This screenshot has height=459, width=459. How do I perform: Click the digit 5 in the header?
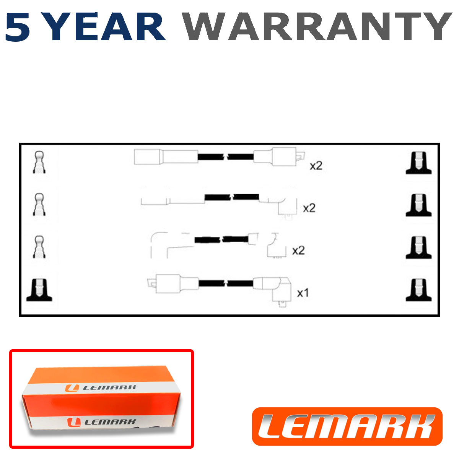pyautogui.click(x=18, y=27)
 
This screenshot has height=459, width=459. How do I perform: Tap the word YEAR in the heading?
pyautogui.click(x=105, y=27)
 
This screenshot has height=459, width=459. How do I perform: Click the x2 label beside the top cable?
pyautogui.click(x=316, y=166)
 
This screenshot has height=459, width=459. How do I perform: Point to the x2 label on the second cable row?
pyautogui.click(x=309, y=208)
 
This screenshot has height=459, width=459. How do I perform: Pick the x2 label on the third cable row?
pyautogui.click(x=298, y=251)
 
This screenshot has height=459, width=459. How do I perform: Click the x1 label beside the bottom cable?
pyautogui.click(x=303, y=293)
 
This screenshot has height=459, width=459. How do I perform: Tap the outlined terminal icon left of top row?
pyautogui.click(x=39, y=162)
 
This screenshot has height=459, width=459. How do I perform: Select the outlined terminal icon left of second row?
pyautogui.click(x=39, y=205)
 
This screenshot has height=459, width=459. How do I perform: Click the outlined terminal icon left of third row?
pyautogui.click(x=39, y=247)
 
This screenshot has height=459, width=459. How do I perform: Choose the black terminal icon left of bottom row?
pyautogui.click(x=39, y=290)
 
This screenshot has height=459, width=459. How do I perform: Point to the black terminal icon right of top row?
pyautogui.click(x=418, y=163)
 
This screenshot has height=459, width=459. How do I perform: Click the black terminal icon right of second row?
pyautogui.click(x=418, y=205)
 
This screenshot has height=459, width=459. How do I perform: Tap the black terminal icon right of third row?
pyautogui.click(x=418, y=247)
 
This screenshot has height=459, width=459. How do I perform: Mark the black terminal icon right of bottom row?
pyautogui.click(x=418, y=290)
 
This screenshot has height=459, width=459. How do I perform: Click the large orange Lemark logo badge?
pyautogui.click(x=347, y=426)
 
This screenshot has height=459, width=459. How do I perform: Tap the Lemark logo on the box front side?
pyautogui.click(x=101, y=422)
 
